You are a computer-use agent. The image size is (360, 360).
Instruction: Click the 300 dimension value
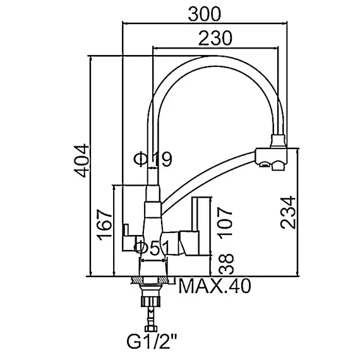205,14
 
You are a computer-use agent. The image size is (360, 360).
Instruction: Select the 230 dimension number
215,38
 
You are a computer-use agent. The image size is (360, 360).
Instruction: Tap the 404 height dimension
81,160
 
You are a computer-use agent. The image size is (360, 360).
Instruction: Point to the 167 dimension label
105,225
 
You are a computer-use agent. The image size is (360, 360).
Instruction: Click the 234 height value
288,212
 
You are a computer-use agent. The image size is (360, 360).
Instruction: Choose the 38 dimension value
226,264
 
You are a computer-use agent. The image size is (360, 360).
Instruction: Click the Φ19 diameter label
153,159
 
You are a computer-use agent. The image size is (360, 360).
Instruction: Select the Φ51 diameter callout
152,248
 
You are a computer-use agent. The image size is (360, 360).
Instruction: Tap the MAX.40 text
215,286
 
